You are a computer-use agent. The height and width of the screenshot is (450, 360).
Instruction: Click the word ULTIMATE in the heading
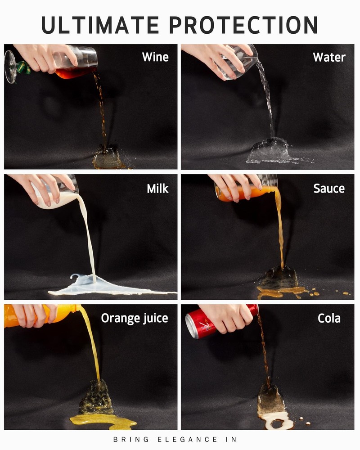100,25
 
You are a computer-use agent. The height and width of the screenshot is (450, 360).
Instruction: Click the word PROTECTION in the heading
244,25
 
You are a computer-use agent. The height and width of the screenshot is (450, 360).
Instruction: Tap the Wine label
155,57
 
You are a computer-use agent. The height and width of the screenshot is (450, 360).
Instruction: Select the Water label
329,58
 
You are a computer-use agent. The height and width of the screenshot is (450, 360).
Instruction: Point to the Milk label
157,189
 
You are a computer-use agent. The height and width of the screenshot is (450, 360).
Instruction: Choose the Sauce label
329,189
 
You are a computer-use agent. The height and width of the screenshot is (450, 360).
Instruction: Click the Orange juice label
135,318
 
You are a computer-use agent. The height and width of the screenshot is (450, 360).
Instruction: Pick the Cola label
329,318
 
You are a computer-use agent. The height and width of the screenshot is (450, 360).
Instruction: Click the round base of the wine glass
9,67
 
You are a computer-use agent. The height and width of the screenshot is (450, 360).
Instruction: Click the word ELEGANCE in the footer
187,439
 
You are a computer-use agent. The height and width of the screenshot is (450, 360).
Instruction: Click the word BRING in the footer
131,439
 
